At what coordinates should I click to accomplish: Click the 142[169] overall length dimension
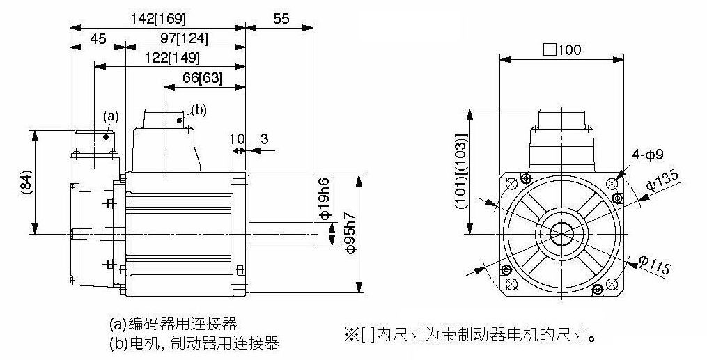click(x=158, y=19)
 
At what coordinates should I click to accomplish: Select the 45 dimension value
click(x=98, y=39)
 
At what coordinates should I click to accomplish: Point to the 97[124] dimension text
click(x=185, y=39)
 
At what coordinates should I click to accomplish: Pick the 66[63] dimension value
click(x=203, y=79)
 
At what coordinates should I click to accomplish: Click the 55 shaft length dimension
click(x=281, y=19)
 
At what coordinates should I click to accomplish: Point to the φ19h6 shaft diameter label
click(x=323, y=200)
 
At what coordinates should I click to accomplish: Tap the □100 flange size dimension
click(x=562, y=49)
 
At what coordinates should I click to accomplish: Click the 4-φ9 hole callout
click(x=647, y=155)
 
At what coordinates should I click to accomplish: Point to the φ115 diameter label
click(x=655, y=265)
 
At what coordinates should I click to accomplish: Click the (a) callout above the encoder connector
click(x=111, y=117)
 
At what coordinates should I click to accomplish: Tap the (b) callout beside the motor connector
click(x=199, y=110)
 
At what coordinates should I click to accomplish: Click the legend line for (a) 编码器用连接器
click(x=173, y=323)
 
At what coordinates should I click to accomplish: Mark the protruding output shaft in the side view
click(x=281, y=234)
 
